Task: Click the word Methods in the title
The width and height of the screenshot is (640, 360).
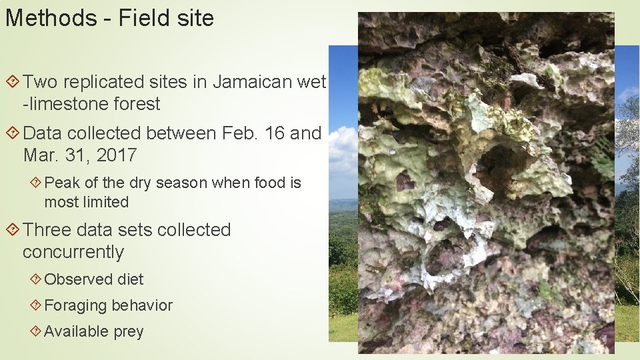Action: pos(51,18)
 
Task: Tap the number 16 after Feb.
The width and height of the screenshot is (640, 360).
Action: pos(277,133)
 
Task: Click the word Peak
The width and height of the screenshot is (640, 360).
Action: pos(62,183)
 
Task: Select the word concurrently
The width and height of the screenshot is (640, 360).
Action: pos(73,253)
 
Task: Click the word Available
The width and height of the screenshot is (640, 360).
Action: pos(74,331)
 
